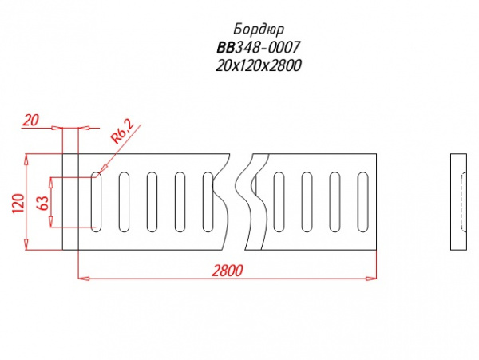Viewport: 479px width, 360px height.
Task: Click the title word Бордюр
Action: (259, 30)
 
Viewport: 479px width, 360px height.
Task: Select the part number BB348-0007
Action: (259, 47)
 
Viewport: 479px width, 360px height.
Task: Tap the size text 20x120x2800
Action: (259, 65)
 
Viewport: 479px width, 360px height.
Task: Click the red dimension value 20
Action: (31, 120)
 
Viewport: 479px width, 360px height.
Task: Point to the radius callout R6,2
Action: (122, 132)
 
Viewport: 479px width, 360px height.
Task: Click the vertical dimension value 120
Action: (18, 204)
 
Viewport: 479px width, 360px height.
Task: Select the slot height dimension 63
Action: (42, 203)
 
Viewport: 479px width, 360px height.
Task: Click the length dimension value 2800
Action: (228, 271)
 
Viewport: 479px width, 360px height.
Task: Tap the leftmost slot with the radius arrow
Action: (96, 202)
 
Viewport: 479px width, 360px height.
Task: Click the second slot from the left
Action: (124, 202)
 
